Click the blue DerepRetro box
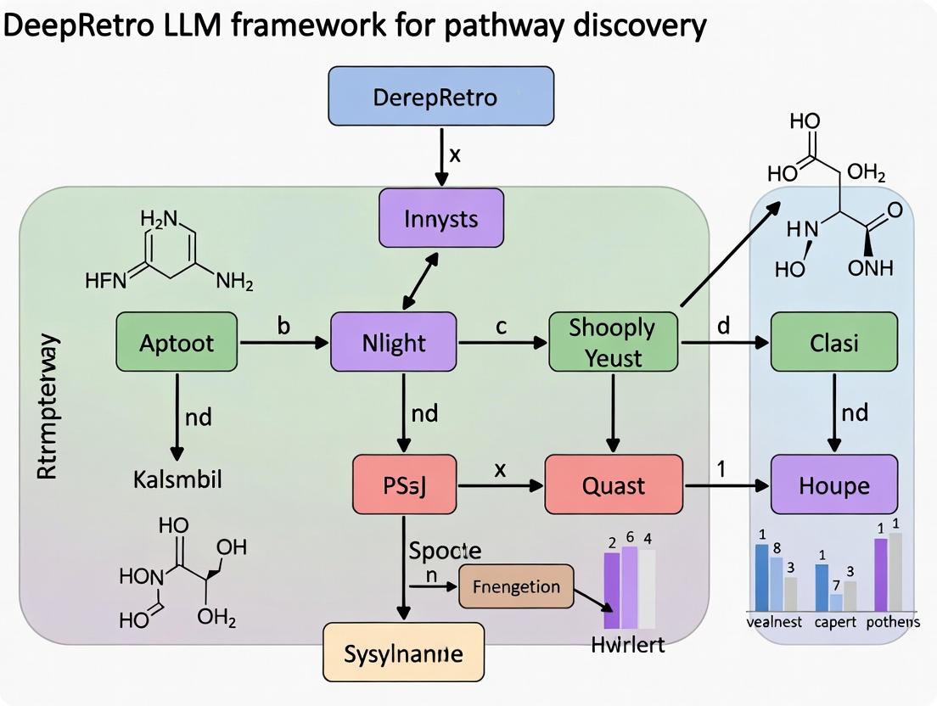click(x=440, y=97)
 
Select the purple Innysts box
click(x=440, y=219)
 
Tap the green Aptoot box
click(x=177, y=343)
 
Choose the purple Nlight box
click(x=393, y=343)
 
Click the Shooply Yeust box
click(x=613, y=342)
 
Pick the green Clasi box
click(x=833, y=342)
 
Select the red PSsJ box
click(x=404, y=485)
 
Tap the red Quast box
click(x=613, y=485)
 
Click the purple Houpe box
click(x=833, y=485)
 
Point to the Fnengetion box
click(x=516, y=587)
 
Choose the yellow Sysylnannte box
click(x=403, y=653)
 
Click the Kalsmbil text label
click(x=177, y=479)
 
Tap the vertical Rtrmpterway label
click(x=49, y=407)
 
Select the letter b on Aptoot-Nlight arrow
click(x=283, y=326)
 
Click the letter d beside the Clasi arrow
click(x=723, y=326)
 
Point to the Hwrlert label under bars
click(x=628, y=644)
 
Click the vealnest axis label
click(x=773, y=622)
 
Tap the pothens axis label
click(x=892, y=622)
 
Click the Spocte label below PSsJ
click(x=445, y=550)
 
